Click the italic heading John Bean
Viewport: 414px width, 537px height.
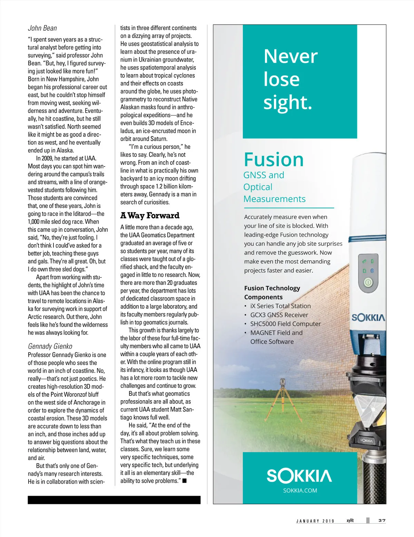pyautogui.click(x=42, y=28)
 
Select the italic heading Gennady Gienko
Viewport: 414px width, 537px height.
pyautogui.click(x=50, y=346)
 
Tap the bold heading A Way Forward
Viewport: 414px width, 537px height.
pyautogui.click(x=150, y=215)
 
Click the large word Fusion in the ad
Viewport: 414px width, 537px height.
pyautogui.click(x=274, y=160)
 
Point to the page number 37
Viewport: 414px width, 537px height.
pyautogui.click(x=382, y=520)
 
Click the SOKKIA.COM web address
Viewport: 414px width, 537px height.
pyautogui.click(x=300, y=490)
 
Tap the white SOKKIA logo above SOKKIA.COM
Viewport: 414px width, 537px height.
pyautogui.click(x=299, y=476)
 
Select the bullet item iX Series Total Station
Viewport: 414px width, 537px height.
pyautogui.click(x=280, y=306)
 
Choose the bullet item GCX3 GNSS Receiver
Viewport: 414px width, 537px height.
pyautogui.click(x=279, y=315)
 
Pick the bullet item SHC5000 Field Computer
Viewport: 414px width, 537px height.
pyautogui.click(x=285, y=324)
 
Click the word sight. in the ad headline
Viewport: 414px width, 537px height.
pyautogui.click(x=287, y=102)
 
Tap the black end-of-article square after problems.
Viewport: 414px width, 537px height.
pyautogui.click(x=185, y=481)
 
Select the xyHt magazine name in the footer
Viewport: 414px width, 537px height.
pyautogui.click(x=350, y=520)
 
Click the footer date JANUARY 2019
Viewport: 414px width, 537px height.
pyautogui.click(x=315, y=521)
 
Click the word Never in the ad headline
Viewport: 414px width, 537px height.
pyautogui.click(x=290, y=56)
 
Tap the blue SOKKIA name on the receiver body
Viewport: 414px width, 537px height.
pyautogui.click(x=368, y=317)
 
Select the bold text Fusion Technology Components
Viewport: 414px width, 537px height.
pyautogui.click(x=272, y=292)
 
